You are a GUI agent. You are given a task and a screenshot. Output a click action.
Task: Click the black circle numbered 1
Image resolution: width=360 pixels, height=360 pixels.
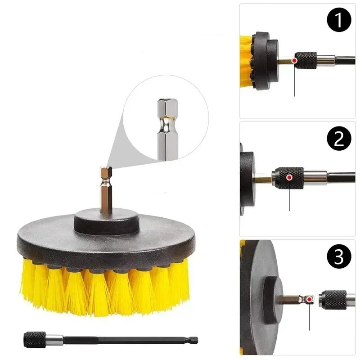pos(339,19)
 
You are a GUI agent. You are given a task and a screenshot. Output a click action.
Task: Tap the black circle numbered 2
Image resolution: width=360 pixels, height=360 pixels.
pos(339,138)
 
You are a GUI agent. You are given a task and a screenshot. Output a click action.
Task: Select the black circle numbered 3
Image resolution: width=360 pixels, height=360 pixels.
pos(339,256)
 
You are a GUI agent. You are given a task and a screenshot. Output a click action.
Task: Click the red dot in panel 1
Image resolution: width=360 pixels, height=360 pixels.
pos(295,61)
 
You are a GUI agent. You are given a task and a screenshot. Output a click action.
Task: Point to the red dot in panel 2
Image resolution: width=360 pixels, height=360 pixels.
pos(289,177)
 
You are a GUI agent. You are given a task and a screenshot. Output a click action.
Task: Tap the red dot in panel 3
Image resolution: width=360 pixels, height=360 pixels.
pos(310,299)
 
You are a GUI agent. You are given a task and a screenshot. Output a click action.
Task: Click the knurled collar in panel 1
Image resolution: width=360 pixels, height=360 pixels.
pos(306,61)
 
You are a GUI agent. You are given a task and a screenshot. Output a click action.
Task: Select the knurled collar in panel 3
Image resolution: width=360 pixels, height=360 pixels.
pos(333,300)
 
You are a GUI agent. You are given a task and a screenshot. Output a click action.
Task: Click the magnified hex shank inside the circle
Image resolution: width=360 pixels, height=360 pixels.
pos(167,129)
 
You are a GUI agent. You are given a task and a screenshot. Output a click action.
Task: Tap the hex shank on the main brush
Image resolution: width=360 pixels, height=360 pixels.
pos(106,189)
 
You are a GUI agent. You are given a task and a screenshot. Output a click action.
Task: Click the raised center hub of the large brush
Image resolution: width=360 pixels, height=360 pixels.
pos(107,221)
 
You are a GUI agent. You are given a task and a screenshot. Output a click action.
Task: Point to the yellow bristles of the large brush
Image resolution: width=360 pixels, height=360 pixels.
pos(105,287)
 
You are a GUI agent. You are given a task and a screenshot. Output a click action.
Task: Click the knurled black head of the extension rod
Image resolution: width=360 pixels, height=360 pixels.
pos(35,340)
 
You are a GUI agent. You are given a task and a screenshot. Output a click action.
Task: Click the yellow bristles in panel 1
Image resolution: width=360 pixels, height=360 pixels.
pos(246,62)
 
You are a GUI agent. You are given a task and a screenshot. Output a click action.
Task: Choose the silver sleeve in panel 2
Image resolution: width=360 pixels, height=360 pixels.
pos(315,178)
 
